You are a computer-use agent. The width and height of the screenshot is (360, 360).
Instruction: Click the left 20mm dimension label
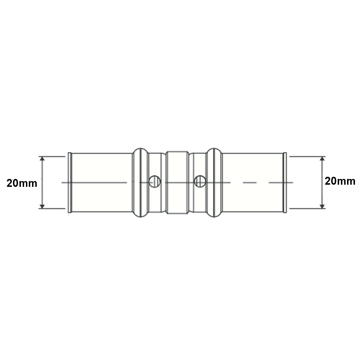point(22,183)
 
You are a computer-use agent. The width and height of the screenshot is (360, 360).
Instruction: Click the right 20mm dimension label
point(340,181)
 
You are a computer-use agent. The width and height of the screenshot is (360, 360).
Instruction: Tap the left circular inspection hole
point(155,181)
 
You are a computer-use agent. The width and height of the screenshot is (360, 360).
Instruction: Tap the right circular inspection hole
point(200,181)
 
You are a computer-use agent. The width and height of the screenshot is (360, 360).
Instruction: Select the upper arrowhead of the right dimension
point(322,159)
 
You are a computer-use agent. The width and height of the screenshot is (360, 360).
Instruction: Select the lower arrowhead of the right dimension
point(322,206)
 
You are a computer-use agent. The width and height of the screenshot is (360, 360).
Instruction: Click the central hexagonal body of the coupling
point(177,183)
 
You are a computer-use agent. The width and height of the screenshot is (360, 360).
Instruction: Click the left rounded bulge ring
point(141,183)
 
